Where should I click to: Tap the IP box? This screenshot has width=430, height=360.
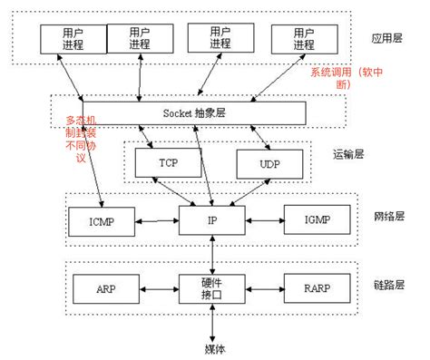pyautogui.click(x=210, y=219)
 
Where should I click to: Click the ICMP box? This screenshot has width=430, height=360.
pyautogui.click(x=101, y=219)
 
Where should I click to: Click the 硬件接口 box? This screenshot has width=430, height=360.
pyautogui.click(x=210, y=288)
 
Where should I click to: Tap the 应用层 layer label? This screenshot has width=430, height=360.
pyautogui.click(x=387, y=41)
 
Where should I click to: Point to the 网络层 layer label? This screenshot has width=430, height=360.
pyautogui.click(x=388, y=217)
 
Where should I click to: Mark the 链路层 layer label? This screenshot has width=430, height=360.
pyautogui.click(x=388, y=286)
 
